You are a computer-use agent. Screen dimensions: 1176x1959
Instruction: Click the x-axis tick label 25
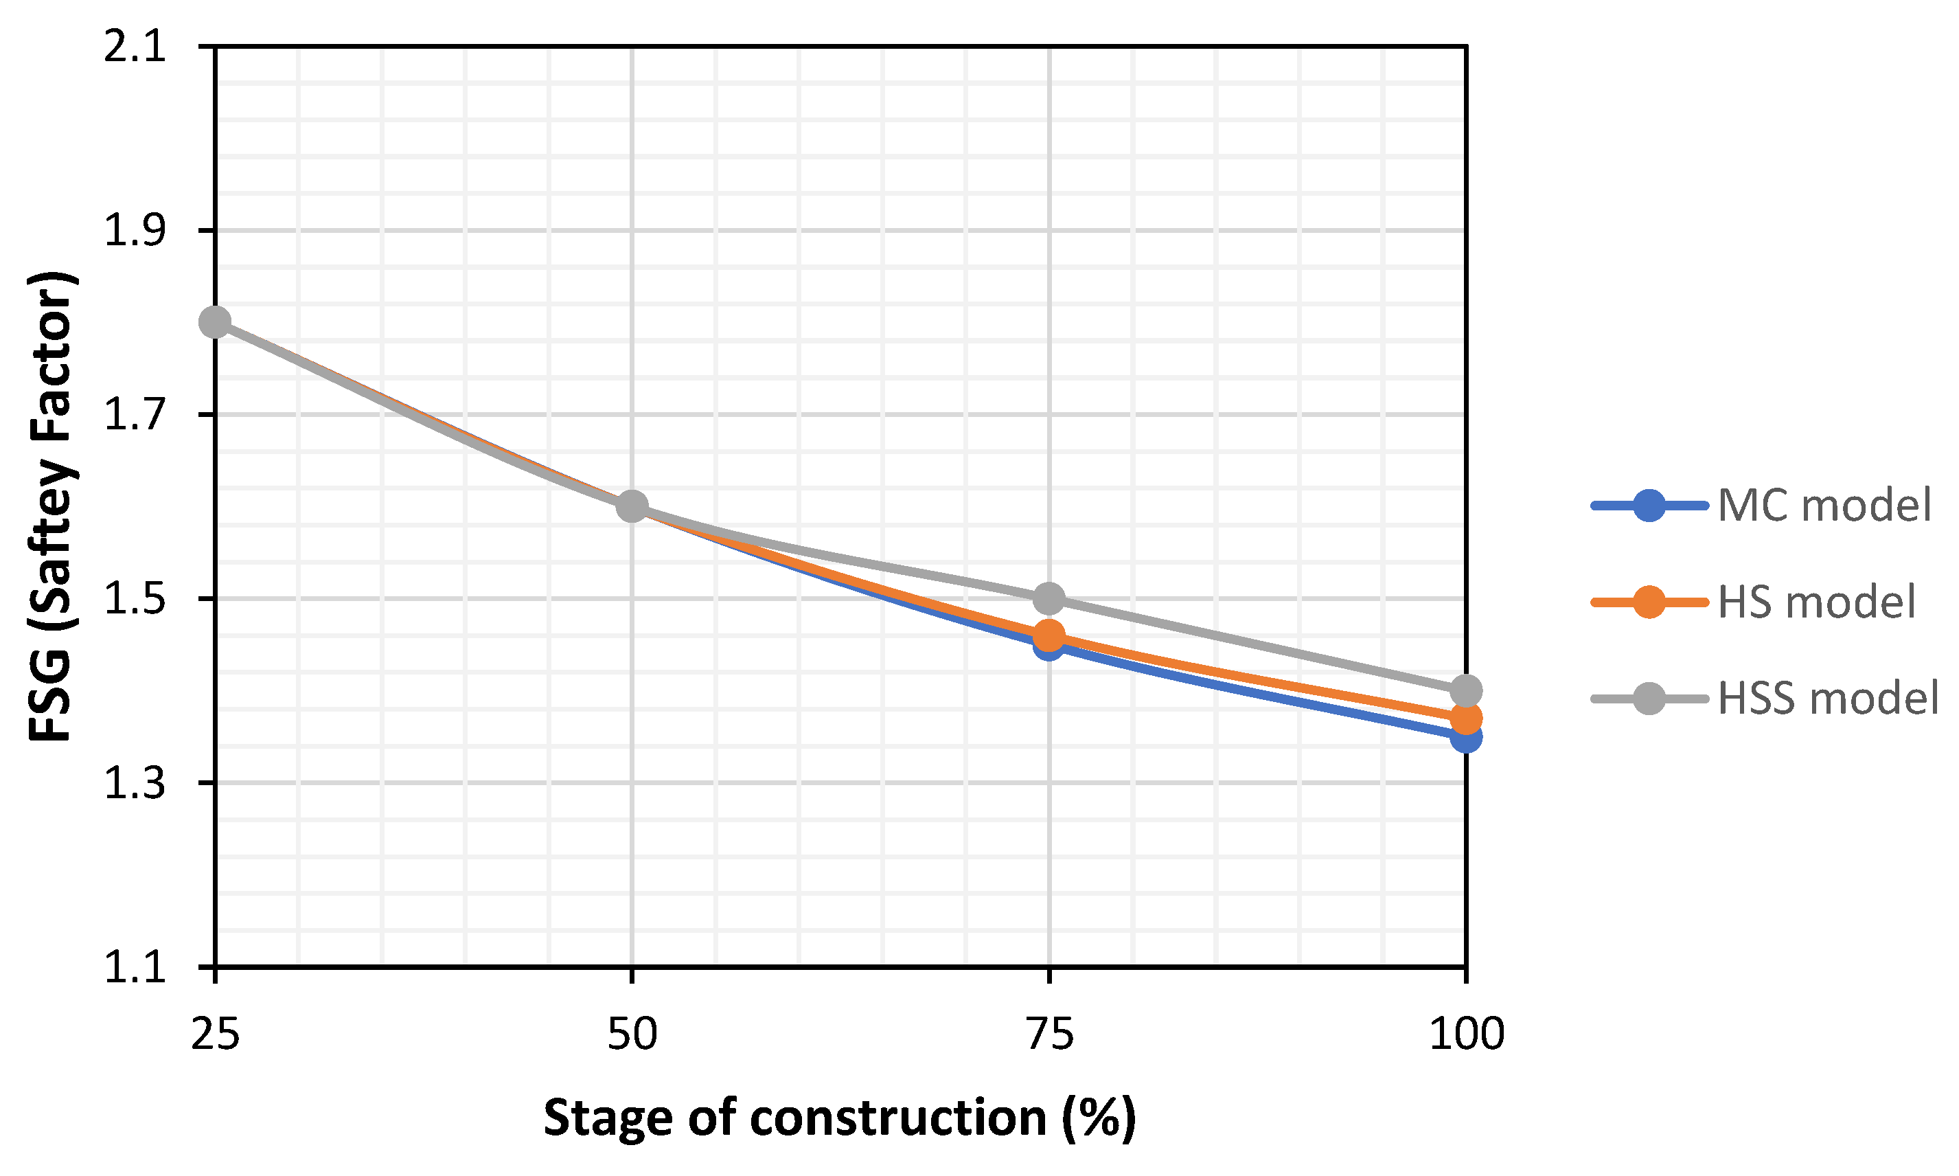[x=215, y=1034]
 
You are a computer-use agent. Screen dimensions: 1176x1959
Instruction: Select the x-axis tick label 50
[x=632, y=1034]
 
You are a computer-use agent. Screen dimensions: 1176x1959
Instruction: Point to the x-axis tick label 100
[x=1466, y=1034]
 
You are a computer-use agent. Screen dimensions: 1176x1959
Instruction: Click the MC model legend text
[x=1824, y=505]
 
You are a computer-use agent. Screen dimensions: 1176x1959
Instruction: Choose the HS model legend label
[x=1816, y=602]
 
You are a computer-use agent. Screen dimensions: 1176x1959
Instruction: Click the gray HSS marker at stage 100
[x=1466, y=690]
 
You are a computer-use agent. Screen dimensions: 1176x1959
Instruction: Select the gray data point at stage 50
[x=632, y=506]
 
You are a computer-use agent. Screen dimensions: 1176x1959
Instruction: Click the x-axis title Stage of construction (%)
[x=840, y=1118]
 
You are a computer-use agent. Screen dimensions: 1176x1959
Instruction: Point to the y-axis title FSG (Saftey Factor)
[x=51, y=507]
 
